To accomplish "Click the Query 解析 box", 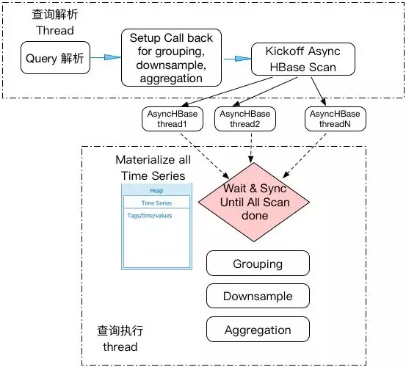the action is click(x=55, y=58).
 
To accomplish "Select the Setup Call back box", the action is click(x=171, y=58).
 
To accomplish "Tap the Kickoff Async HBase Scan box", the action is click(x=303, y=59).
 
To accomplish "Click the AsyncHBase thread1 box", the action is click(x=173, y=119).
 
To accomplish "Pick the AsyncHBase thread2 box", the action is click(x=245, y=119).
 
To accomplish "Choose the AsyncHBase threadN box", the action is click(x=336, y=119).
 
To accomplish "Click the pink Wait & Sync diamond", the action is click(x=254, y=202).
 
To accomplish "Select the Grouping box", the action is click(x=258, y=264).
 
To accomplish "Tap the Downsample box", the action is click(x=258, y=296).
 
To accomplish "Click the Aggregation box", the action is click(x=258, y=330).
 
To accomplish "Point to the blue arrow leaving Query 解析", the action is click(x=106, y=57).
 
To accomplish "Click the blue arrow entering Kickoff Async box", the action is click(x=236, y=59).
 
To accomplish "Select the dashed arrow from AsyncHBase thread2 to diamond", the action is click(x=251, y=148).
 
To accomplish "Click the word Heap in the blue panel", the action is click(x=156, y=191).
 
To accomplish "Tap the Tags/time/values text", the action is click(x=150, y=216).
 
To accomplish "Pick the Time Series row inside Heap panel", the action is click(x=156, y=202).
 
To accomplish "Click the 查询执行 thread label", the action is click(x=120, y=338).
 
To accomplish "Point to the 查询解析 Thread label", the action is click(x=55, y=22).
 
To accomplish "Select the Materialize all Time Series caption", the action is click(x=153, y=167).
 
